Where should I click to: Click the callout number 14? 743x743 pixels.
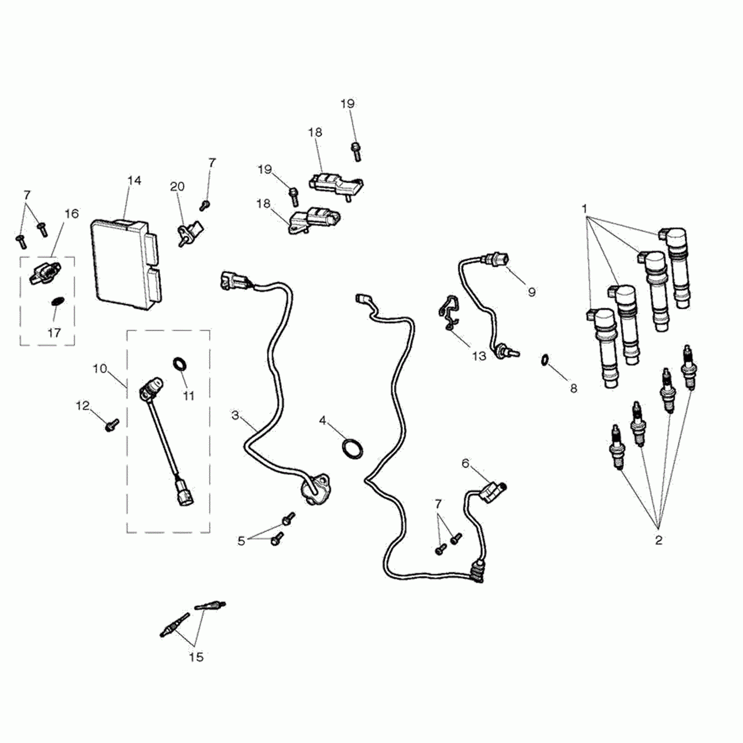pyautogui.click(x=134, y=180)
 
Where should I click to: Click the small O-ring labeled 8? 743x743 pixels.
pyautogui.click(x=545, y=360)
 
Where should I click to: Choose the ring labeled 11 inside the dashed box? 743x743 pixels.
pyautogui.click(x=180, y=364)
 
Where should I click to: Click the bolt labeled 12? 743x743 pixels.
pyautogui.click(x=112, y=425)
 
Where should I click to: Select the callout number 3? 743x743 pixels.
pyautogui.click(x=235, y=415)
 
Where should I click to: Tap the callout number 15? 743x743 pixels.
pyautogui.click(x=196, y=657)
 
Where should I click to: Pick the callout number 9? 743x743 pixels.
pyautogui.click(x=531, y=291)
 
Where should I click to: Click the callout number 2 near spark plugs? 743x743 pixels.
pyautogui.click(x=659, y=540)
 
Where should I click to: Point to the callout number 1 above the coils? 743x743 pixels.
pyautogui.click(x=584, y=209)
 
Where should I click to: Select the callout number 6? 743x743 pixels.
pyautogui.click(x=465, y=464)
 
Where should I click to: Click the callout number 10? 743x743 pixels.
pyautogui.click(x=100, y=368)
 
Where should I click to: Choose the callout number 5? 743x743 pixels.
pyautogui.click(x=241, y=541)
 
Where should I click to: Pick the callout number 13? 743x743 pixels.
pyautogui.click(x=479, y=356)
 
